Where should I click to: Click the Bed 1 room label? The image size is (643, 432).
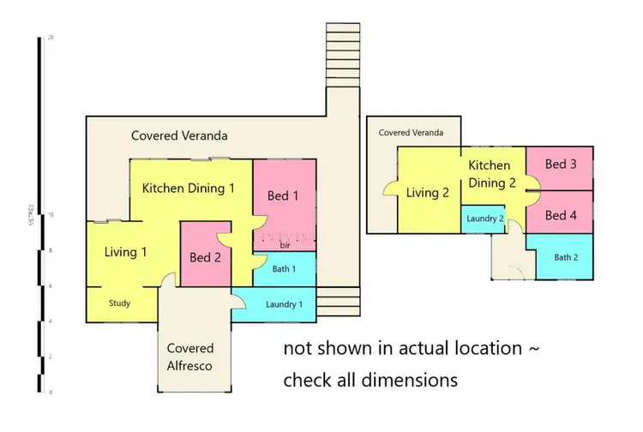click(x=284, y=195)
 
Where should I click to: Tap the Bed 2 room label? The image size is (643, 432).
click(x=206, y=257)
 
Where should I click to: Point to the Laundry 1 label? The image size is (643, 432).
click(x=284, y=304)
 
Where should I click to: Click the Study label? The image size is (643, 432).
click(x=119, y=303)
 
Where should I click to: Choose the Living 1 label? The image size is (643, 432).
click(x=126, y=252)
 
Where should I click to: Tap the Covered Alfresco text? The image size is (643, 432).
click(x=190, y=357)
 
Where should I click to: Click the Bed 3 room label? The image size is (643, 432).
click(x=561, y=164)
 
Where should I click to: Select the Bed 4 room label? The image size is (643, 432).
click(x=561, y=215)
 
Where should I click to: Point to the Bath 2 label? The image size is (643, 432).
click(x=567, y=257)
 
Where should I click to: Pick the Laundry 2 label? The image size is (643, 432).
click(x=485, y=219)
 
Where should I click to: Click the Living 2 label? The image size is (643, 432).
click(x=428, y=193)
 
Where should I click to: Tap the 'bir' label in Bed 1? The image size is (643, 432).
click(x=285, y=246)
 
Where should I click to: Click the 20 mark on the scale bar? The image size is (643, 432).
click(x=51, y=38)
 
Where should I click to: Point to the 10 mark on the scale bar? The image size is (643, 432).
click(x=51, y=215)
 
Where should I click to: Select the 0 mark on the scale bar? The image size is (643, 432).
click(x=51, y=392)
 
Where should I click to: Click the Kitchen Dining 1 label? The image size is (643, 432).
click(x=189, y=188)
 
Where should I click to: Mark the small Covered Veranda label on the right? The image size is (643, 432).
click(x=412, y=133)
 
